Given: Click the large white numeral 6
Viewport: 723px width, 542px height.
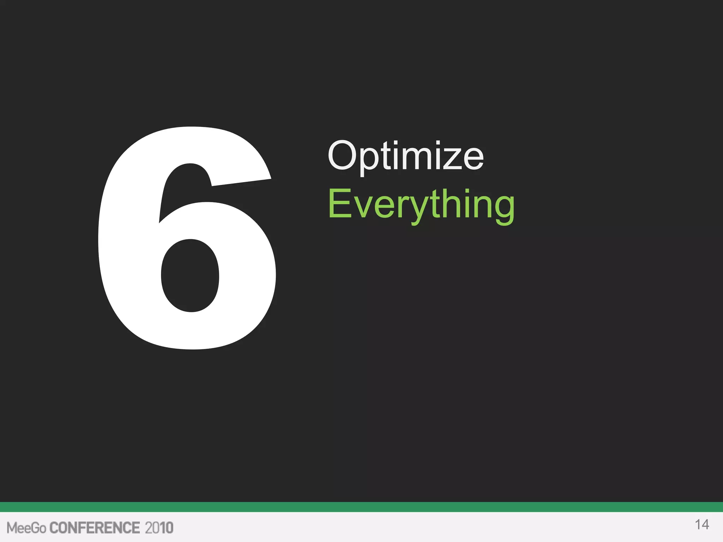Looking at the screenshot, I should coord(116,247).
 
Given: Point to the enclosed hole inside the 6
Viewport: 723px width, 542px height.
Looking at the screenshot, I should coord(190,275).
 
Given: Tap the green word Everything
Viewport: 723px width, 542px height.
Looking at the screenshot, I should coord(421,205).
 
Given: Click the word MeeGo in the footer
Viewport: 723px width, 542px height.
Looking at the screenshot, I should coord(26,528).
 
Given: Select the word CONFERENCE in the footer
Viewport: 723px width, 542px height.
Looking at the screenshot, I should coord(95,528).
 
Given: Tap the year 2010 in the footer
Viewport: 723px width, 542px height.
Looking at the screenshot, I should coord(159,528).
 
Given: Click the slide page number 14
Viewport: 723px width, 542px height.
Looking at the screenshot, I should coord(702,525).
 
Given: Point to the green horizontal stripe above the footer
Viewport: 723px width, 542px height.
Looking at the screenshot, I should coord(361,507).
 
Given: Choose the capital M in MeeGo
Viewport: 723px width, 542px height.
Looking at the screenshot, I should coord(12,528).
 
